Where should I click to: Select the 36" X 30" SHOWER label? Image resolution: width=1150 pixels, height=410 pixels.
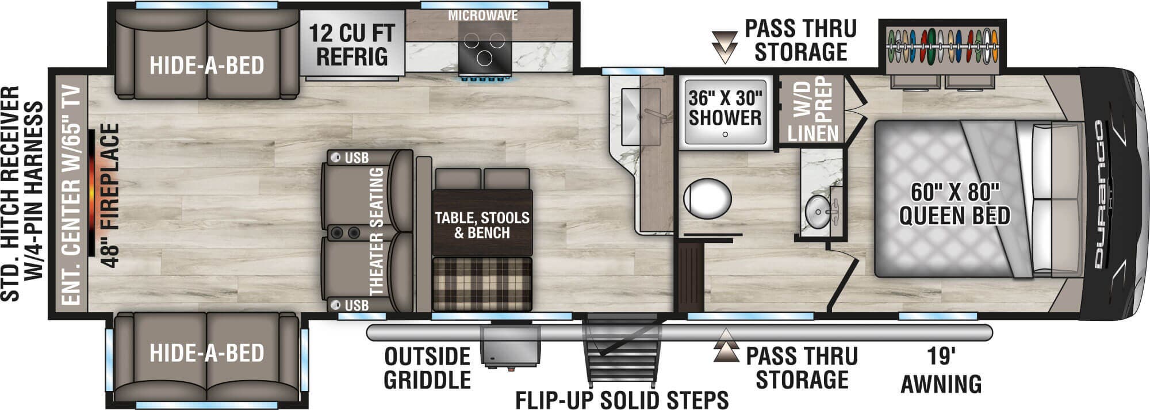725,108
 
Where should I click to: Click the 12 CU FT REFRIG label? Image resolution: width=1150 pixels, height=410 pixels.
352,45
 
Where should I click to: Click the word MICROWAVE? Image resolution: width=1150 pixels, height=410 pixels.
483,16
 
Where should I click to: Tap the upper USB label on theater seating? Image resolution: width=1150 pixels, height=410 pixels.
356,158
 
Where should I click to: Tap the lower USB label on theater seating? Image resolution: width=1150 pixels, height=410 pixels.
356,305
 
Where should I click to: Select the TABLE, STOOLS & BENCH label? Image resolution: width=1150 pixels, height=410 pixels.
482,225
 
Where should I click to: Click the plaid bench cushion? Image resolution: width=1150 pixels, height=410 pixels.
482,283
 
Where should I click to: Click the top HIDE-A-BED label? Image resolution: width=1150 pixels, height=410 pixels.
206,66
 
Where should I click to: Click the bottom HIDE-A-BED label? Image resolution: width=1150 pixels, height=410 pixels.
206,352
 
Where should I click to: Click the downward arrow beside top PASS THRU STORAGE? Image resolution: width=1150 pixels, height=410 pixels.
724,47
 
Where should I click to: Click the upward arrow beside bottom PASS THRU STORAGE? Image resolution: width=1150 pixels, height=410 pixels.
726,346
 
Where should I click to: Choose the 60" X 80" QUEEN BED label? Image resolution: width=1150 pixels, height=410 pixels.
954,204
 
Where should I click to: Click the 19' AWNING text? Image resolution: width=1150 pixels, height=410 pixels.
941,371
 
